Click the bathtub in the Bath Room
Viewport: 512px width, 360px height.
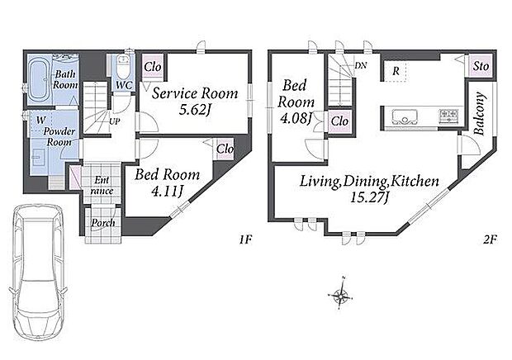coord(39,80)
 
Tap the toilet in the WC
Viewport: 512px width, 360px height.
coord(123,64)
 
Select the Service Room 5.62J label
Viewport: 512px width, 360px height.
coord(195,102)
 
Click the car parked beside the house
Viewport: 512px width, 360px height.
coord(38,272)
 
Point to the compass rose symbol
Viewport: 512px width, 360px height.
coord(340,295)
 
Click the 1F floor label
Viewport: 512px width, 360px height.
coord(245,240)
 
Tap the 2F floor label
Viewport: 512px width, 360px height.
coord(490,240)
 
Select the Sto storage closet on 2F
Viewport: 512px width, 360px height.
coord(481,66)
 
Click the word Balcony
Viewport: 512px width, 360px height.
coord(479,114)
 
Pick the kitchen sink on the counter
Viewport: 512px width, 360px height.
coord(405,116)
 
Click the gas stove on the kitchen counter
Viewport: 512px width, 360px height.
coord(449,116)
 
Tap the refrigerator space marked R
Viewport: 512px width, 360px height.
coord(396,70)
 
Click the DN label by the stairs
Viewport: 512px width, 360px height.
coord(361,65)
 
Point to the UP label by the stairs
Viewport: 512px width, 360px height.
coord(115,121)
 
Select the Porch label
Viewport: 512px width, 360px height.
coord(103,223)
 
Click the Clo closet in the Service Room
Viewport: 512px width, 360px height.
coord(153,67)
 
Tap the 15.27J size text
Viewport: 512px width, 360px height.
coord(369,197)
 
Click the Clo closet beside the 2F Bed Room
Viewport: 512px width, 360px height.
coord(339,121)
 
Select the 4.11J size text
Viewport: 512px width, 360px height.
coord(167,192)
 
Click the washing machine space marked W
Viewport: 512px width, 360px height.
coord(40,121)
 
